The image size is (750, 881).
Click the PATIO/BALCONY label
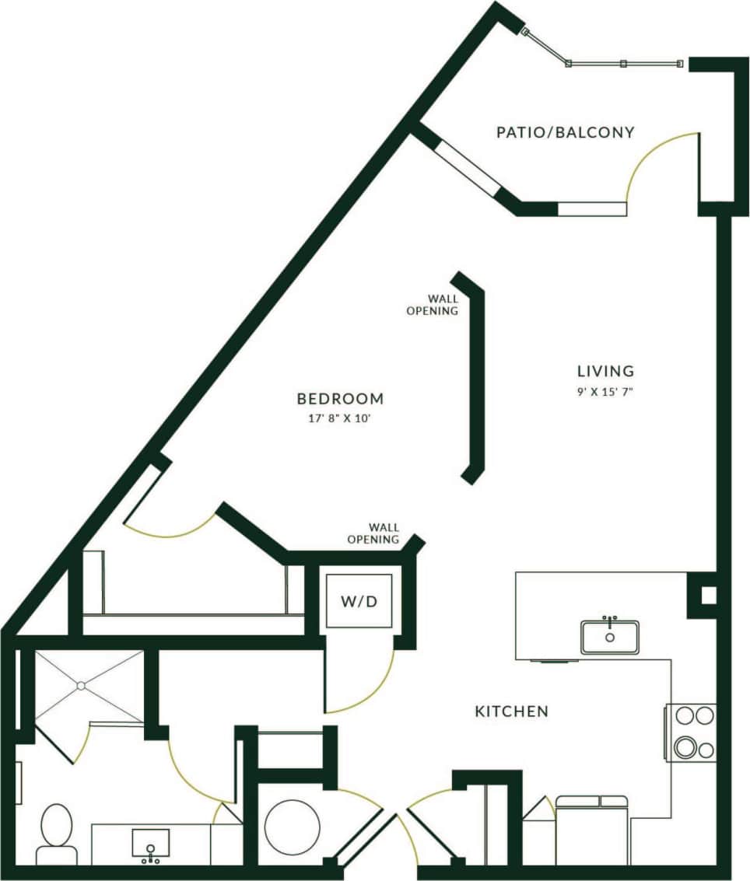tap(565, 132)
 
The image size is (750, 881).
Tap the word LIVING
tap(605, 371)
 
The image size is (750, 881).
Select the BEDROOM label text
tap(340, 399)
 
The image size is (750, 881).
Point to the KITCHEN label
tap(512, 711)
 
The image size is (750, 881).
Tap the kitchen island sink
tap(609, 636)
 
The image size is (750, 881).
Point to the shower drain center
tap(80, 685)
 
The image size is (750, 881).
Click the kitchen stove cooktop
tap(691, 732)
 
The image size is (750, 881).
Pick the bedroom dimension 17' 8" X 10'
tap(340, 418)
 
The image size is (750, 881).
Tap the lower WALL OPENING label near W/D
tap(373, 533)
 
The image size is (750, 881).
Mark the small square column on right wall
tap(708, 596)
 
